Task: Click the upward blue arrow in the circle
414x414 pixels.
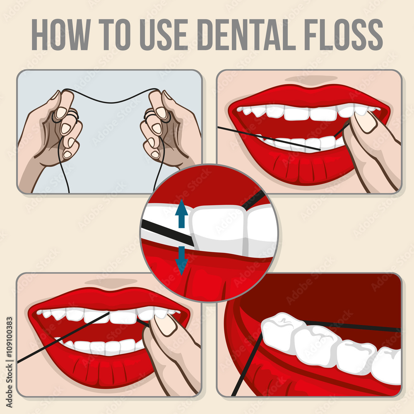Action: point(181,214)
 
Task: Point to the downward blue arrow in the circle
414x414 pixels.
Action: point(181,260)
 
